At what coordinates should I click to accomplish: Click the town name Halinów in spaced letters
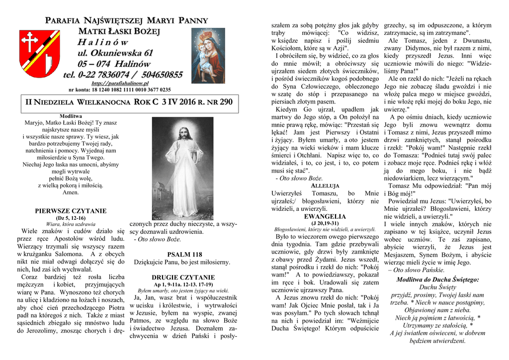[x=102, y=42]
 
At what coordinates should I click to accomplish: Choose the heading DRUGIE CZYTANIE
[x=183, y=277]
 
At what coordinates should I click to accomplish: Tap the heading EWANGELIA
[x=325, y=216]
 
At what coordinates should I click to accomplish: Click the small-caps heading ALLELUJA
[x=325, y=185]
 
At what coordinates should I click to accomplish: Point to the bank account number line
[x=120, y=90]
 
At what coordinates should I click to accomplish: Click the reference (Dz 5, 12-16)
[x=71, y=218]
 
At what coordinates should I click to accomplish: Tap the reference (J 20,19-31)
[x=325, y=223]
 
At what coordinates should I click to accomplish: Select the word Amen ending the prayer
[x=71, y=192]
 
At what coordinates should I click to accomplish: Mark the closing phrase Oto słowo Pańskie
[x=412, y=270]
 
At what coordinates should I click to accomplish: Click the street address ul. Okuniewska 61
[x=115, y=53]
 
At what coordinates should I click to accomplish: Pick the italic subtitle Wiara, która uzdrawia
[x=71, y=224]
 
